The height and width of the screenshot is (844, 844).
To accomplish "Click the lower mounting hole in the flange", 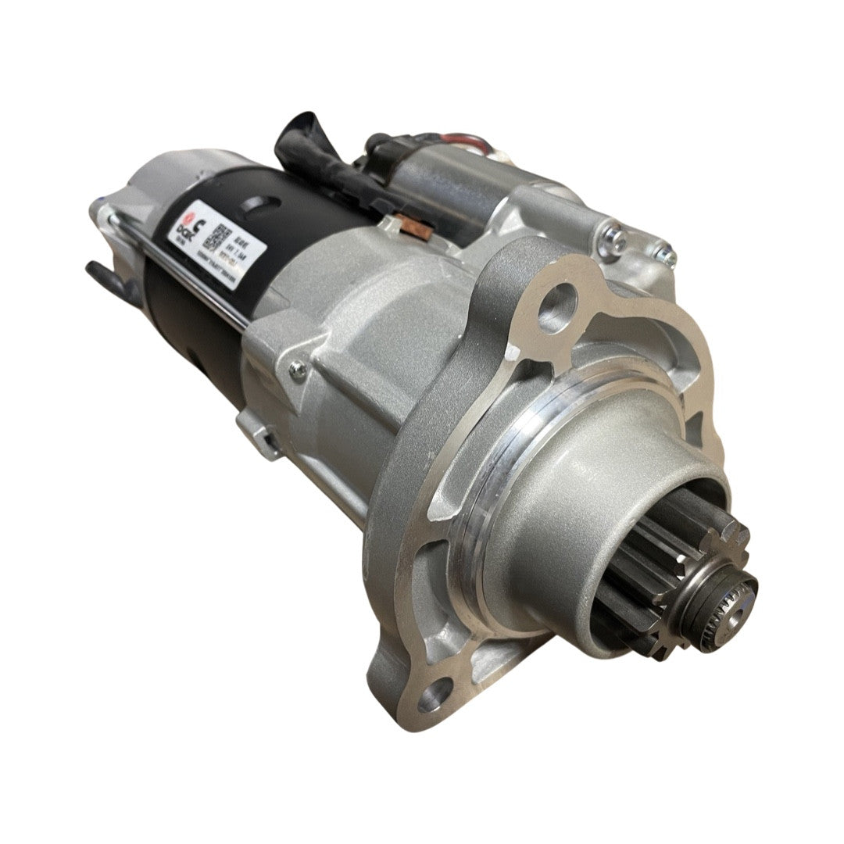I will click(x=435, y=695).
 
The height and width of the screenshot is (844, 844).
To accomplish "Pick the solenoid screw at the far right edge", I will click(x=667, y=254).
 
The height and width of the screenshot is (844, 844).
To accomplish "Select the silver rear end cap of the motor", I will click(x=145, y=188).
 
